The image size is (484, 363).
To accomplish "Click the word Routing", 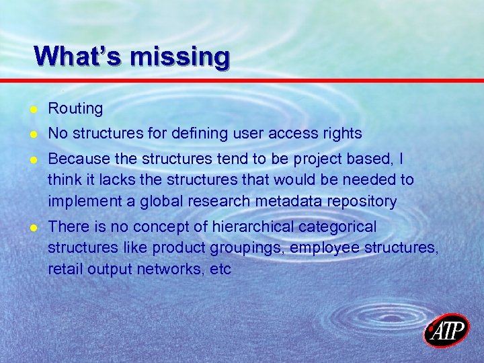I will (x=75, y=108).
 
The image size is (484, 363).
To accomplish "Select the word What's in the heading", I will (x=78, y=56).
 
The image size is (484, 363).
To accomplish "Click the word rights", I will (x=344, y=134).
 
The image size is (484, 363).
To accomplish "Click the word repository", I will (x=364, y=201).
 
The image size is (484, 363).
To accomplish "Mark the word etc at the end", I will (x=220, y=269).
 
